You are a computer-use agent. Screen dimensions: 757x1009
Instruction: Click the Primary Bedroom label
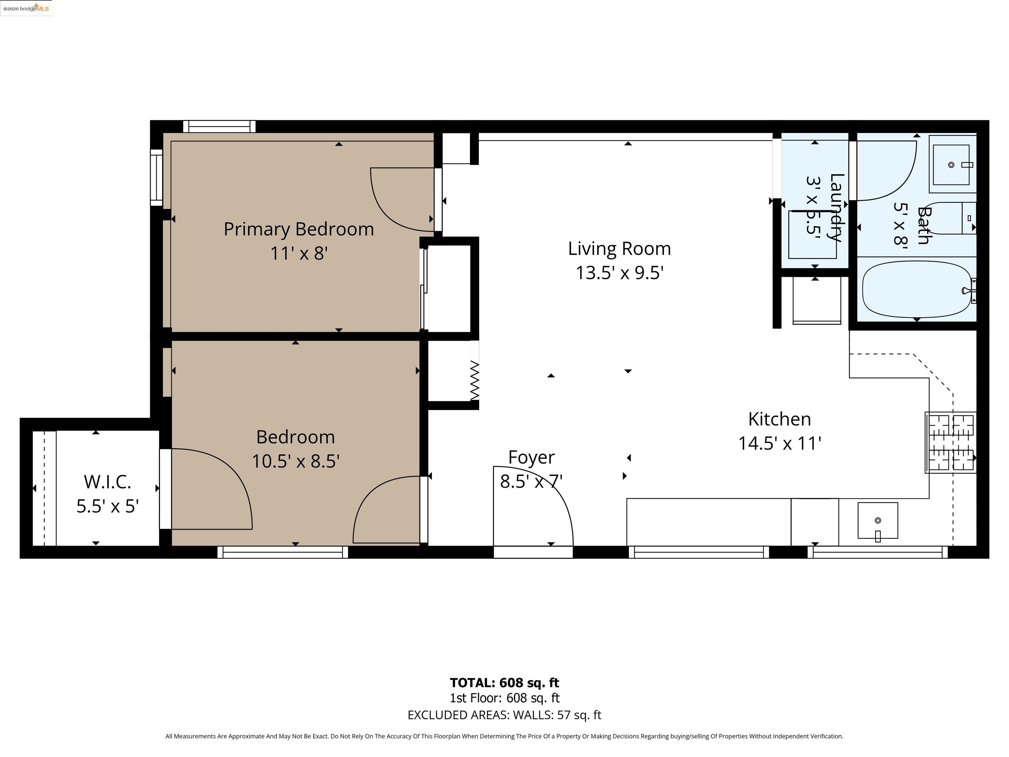[299, 229]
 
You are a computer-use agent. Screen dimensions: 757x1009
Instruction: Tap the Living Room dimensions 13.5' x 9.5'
[619, 273]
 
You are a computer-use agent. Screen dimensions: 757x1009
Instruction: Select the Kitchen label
[779, 419]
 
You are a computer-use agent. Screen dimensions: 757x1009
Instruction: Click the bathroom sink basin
[951, 165]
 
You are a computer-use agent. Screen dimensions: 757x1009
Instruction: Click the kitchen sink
[878, 521]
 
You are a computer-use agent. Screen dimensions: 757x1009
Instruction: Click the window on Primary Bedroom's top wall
[219, 126]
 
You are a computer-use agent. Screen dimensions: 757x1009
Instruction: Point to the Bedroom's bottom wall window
[283, 552]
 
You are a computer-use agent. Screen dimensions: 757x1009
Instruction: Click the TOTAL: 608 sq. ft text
[504, 683]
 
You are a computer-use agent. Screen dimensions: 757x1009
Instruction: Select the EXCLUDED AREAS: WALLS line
[504, 715]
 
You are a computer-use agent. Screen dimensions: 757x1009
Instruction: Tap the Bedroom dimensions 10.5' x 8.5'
[296, 461]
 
